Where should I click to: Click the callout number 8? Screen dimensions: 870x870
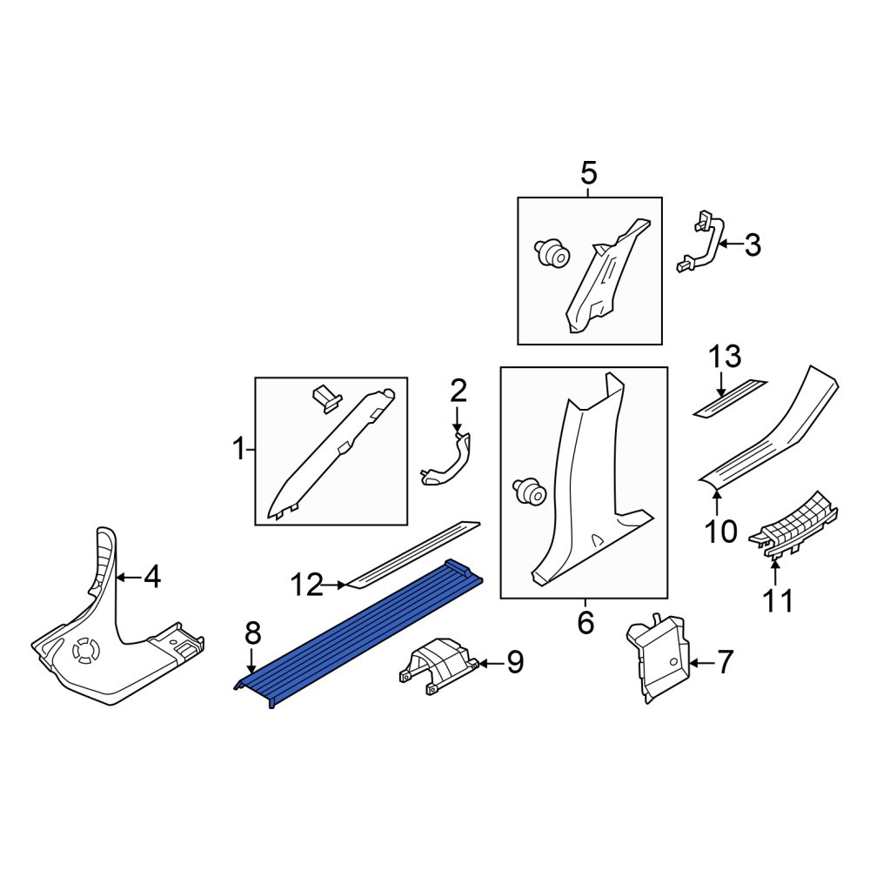pos(252,632)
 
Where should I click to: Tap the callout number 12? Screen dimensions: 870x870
pos(307,585)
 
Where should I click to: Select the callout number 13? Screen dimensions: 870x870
pos(725,356)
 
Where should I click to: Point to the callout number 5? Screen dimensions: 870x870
pos(589,173)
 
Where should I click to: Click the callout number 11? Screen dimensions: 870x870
pos(778,601)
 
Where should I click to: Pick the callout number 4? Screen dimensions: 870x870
pos(152,577)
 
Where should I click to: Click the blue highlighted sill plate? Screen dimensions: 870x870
pos(359,632)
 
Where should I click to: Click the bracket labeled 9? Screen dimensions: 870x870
pos(438,665)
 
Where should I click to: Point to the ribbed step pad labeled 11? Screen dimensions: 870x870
pos(793,525)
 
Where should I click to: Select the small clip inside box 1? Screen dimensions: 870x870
pos(327,399)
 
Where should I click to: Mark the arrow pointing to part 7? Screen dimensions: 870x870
pos(702,662)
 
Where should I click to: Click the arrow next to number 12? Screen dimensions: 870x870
pos(335,585)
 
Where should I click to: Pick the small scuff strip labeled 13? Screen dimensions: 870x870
pos(730,398)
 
